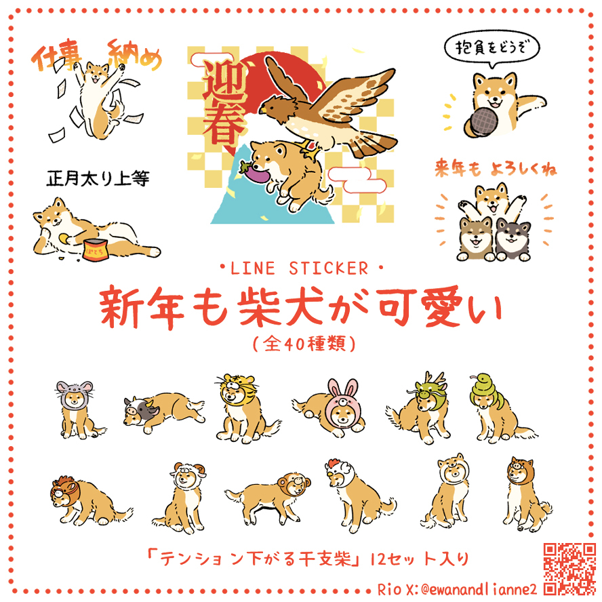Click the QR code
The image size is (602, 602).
pos(569,569)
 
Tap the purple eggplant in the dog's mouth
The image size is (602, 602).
pos(254,172)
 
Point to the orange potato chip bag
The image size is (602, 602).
pos(94,249)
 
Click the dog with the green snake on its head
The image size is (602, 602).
pos(499,409)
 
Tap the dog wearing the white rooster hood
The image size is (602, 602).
pos(357,496)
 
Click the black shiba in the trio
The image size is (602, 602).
pos(512,239)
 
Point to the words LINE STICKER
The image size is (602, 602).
pos(300,268)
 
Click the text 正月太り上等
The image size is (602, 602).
pos(98,178)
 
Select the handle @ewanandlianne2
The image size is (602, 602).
pos(479,589)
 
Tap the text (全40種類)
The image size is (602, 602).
pos(304,343)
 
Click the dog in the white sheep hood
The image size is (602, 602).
pos(180,498)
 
